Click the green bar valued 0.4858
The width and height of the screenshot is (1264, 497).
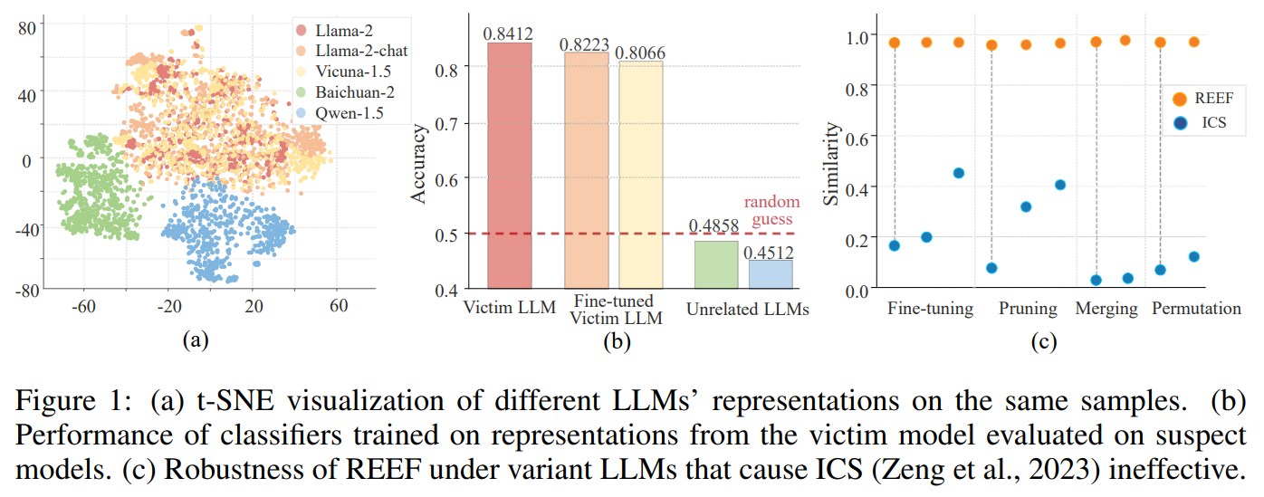tap(716, 264)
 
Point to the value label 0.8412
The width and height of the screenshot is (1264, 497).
tap(509, 33)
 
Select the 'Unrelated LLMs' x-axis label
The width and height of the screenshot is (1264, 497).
tap(747, 310)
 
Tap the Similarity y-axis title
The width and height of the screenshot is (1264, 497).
tap(830, 163)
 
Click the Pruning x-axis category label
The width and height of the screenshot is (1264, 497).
tap(1028, 309)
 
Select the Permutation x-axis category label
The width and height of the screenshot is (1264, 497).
tap(1196, 309)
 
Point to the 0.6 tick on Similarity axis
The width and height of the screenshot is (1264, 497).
tap(857, 136)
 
